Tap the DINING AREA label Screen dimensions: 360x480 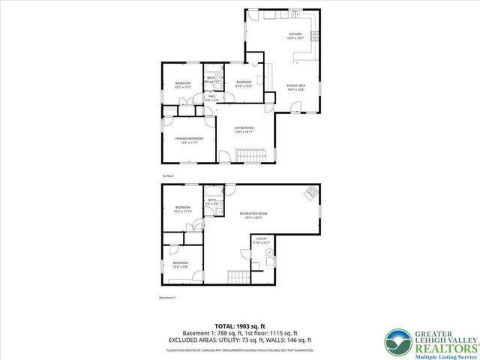pyautogui.click(x=295, y=87)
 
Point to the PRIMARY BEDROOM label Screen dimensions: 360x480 pyautogui.click(x=189, y=140)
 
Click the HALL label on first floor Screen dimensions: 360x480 pyautogui.click(x=212, y=97)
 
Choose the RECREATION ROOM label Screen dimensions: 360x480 pyautogui.click(x=253, y=215)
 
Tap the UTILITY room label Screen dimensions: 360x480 pyautogui.click(x=260, y=240)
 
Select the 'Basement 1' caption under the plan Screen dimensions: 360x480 pyautogui.click(x=167, y=298)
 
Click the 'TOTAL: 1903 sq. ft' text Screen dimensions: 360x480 pyautogui.click(x=240, y=326)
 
